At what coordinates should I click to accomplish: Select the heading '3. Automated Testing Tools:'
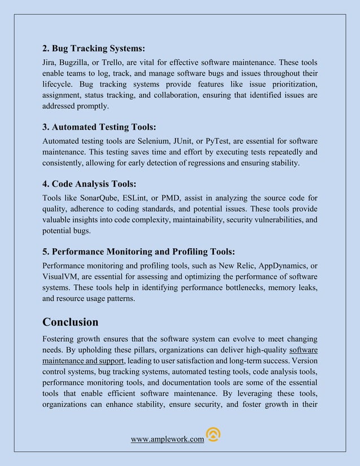(100, 127)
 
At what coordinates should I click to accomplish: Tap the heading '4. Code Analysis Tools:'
(90, 184)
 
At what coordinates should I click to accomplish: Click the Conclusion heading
(71, 322)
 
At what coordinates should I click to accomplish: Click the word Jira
(50, 61)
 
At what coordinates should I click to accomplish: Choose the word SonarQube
(99, 197)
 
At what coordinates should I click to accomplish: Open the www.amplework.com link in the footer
(167, 439)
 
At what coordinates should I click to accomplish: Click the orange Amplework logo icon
(213, 434)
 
